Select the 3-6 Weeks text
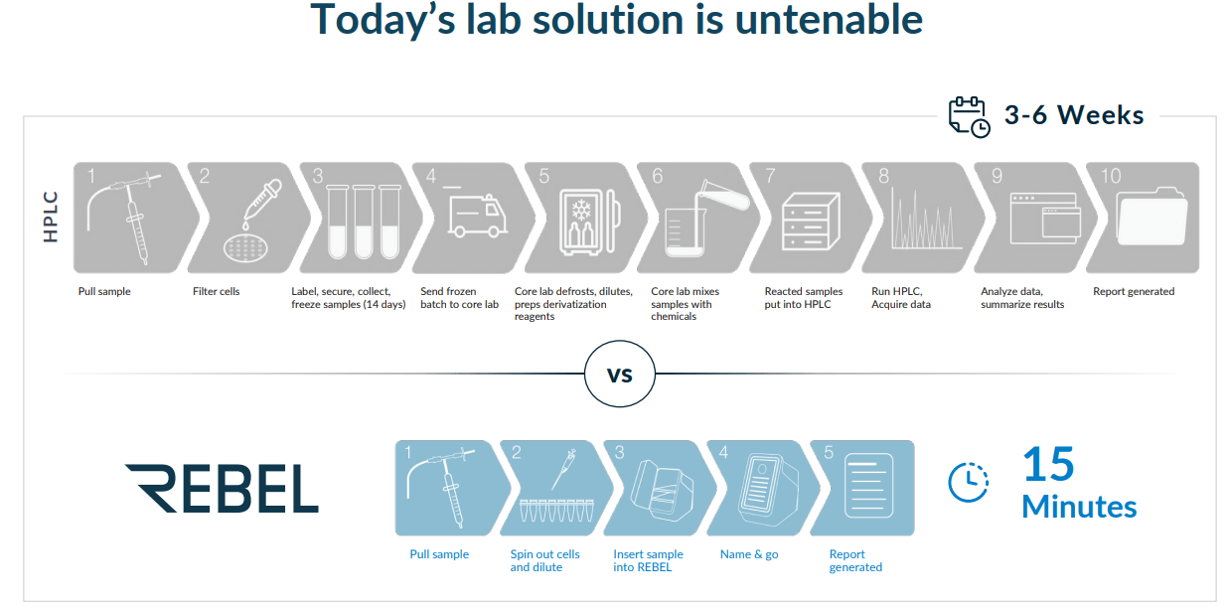tap(1074, 116)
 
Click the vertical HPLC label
tap(52, 217)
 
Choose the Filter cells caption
tap(216, 292)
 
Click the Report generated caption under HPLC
tap(1133, 292)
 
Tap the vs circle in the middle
tap(620, 376)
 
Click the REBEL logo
tap(222, 488)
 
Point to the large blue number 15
tap(1048, 464)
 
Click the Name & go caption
tap(749, 554)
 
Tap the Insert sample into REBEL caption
tap(647, 561)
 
